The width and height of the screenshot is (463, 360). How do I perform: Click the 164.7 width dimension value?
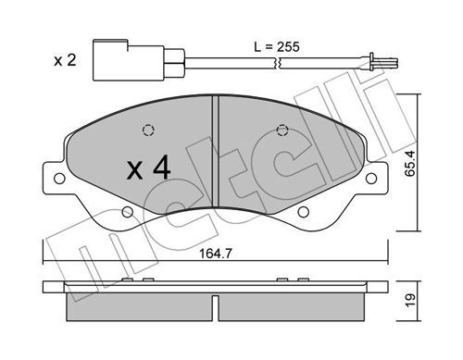pos(215,254)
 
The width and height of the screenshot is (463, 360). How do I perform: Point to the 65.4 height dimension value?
pos(410,163)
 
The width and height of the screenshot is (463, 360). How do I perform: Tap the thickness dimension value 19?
pos(410,301)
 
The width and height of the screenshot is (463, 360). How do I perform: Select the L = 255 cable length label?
pos(277,47)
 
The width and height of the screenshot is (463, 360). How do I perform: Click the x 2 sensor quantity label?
pos(65,60)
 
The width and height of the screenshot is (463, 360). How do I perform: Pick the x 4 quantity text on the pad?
pos(148,168)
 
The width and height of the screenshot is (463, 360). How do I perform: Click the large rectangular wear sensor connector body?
pos(129,60)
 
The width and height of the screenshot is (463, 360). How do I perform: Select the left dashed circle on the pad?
pos(148,130)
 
